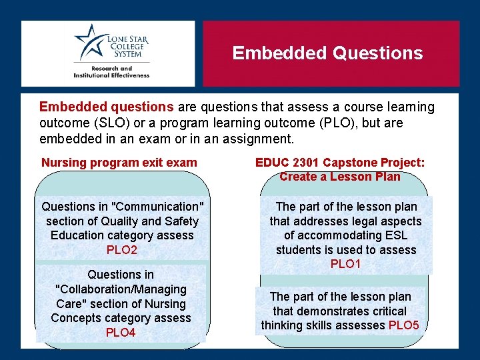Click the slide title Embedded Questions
click(327, 53)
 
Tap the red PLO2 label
click(121, 250)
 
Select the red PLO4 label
click(121, 332)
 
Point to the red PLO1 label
click(345, 264)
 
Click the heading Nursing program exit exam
click(119, 162)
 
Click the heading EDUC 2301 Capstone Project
click(340, 162)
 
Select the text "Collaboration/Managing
click(121, 289)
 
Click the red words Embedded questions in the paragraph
click(107, 107)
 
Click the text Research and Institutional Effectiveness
click(111, 72)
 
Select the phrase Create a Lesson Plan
click(340, 177)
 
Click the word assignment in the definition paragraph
click(260, 139)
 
